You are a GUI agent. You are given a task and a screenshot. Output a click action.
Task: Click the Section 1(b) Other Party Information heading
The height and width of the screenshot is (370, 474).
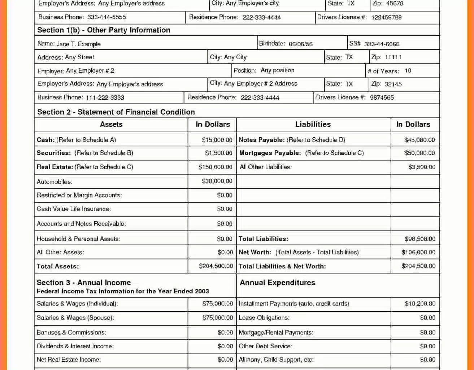(104, 30)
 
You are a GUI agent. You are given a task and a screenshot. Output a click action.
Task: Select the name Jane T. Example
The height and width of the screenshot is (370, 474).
(78, 44)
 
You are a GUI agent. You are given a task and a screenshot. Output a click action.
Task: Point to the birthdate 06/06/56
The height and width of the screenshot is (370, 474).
(300, 44)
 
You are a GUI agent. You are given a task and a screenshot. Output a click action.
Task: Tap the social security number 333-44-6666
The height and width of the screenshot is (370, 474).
(382, 44)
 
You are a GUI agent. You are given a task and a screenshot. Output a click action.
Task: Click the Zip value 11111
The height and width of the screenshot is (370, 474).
(393, 57)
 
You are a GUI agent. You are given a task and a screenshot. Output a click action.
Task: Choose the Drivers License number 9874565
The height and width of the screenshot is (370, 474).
(382, 98)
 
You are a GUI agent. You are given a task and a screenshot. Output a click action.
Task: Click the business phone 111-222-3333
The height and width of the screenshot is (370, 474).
(105, 98)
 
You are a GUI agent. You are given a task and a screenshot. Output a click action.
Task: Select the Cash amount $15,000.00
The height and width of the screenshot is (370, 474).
(217, 140)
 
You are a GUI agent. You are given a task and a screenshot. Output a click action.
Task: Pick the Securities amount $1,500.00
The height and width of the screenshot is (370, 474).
(218, 153)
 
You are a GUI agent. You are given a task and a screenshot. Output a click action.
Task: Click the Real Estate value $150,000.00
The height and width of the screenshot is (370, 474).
(215, 167)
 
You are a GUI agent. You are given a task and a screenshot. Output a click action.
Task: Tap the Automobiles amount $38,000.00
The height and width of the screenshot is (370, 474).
(217, 181)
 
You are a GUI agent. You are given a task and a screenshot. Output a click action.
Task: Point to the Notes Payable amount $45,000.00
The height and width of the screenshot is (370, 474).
(419, 140)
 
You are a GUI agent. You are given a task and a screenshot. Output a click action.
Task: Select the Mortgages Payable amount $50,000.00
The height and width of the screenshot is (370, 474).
(419, 153)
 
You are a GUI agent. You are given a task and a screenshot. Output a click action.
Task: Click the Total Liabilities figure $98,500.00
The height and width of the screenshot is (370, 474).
(420, 239)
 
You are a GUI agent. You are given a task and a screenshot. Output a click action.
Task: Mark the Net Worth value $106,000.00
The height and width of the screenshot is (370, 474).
(418, 252)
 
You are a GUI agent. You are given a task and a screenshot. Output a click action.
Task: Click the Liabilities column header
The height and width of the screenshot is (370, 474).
(313, 124)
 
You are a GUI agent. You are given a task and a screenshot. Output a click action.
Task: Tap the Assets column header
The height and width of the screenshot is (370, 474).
(111, 124)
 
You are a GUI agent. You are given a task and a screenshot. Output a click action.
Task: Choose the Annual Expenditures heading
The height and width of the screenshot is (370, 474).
(277, 283)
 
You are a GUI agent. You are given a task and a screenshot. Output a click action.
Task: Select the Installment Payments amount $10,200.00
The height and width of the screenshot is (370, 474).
(420, 304)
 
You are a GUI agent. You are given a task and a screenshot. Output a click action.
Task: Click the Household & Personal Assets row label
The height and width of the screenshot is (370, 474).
(78, 239)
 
